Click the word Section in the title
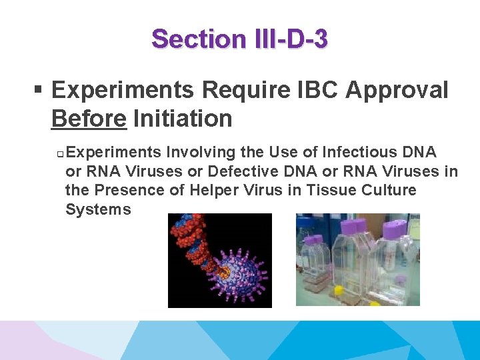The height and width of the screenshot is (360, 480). coord(198,39)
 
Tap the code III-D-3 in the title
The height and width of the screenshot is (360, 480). coord(291,39)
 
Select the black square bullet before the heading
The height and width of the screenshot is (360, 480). coord(39,91)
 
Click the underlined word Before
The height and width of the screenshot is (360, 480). coord(88,119)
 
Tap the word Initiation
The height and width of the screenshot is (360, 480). coord(183,119)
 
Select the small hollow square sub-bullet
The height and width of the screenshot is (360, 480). coord(59,153)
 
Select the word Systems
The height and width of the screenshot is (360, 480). coord(98,209)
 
